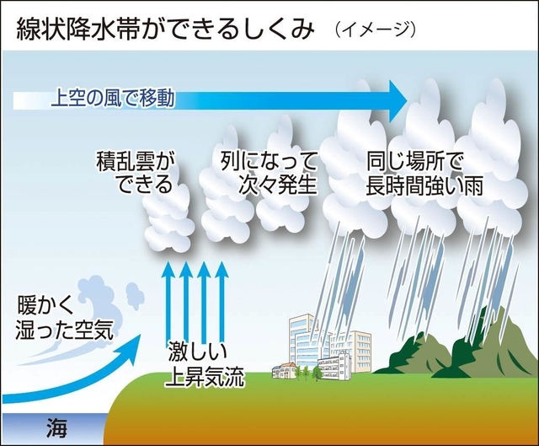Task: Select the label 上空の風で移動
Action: (113, 98)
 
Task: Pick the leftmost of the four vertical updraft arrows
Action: (167, 304)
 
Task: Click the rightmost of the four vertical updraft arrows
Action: (222, 304)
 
